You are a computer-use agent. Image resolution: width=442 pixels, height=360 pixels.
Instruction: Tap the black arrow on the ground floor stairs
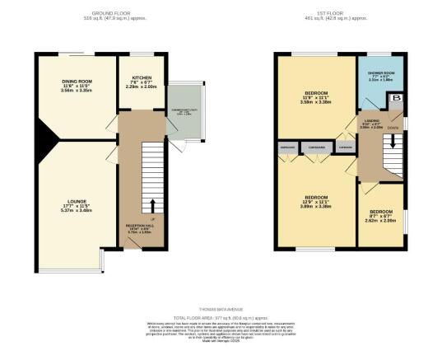pos(153,203)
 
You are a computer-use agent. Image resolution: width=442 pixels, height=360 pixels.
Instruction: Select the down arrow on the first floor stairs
pos(394,141)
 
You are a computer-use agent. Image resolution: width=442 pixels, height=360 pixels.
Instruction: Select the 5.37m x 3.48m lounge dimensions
pos(78,211)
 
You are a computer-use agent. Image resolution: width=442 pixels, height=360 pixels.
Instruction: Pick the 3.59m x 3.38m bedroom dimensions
pos(317,103)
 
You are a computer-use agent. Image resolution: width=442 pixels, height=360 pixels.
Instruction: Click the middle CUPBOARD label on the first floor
pos(317,148)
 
